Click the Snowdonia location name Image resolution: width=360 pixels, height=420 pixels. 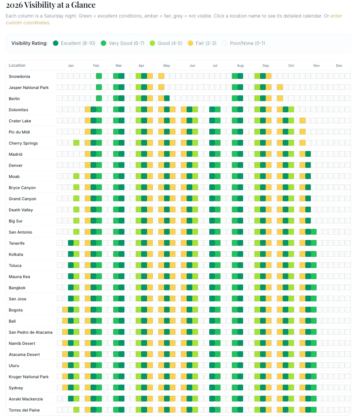[x=19, y=77]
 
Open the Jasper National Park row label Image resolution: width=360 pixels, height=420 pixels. [x=29, y=88]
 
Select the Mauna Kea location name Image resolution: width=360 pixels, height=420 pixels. [x=19, y=277]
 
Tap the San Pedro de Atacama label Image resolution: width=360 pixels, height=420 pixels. [x=31, y=332]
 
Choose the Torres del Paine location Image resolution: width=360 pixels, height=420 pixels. [x=24, y=410]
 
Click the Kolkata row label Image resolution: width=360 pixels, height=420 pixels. [x=16, y=254]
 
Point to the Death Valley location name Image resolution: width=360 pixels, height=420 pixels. [x=21, y=210]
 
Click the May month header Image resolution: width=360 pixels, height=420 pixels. [x=167, y=66]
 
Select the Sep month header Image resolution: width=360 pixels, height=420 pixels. [x=266, y=66]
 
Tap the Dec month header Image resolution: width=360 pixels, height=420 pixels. [x=339, y=66]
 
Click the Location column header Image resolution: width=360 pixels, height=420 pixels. [x=17, y=65]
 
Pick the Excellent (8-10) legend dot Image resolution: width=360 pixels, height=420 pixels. [x=56, y=43]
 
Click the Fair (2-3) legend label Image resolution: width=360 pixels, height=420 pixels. [x=206, y=43]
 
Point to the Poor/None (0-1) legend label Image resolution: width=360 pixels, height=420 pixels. [x=247, y=43]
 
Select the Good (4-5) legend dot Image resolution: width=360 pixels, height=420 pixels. [x=152, y=43]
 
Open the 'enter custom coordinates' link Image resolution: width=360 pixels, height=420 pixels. [x=336, y=16]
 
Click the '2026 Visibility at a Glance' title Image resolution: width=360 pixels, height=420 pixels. [x=51, y=5]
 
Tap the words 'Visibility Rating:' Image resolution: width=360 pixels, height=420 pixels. [x=29, y=43]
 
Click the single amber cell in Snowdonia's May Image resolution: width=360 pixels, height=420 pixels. [x=161, y=76]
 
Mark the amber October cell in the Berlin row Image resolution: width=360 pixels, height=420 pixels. [x=280, y=98]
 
